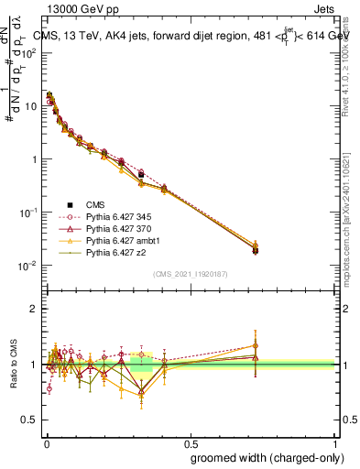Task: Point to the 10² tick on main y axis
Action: click(30, 52)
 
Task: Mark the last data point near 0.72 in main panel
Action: click(255, 249)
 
